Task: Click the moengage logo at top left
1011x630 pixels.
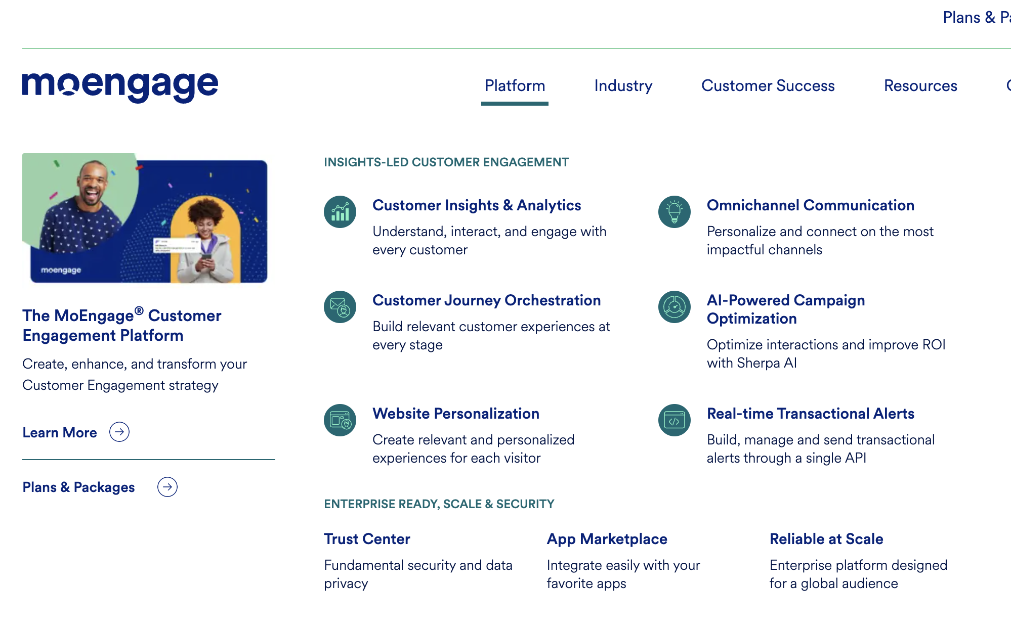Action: point(120,86)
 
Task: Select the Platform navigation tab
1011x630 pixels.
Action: point(515,86)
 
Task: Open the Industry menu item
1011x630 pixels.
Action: point(623,86)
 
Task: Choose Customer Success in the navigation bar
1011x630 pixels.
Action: point(768,86)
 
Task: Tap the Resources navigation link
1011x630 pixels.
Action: point(920,86)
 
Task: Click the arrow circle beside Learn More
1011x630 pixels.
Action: point(119,432)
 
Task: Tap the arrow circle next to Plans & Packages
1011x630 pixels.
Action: point(167,487)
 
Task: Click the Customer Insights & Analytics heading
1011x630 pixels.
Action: point(476,205)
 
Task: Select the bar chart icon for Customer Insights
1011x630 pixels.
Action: point(340,212)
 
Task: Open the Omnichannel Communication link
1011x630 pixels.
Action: point(810,205)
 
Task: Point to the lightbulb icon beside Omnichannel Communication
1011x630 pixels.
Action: point(675,212)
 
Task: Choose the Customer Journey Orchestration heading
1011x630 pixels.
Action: point(486,300)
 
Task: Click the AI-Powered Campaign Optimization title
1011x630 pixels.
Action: point(785,309)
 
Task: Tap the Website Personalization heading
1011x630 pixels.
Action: point(455,414)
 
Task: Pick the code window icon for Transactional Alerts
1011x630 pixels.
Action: point(675,420)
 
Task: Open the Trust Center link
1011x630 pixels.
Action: point(367,539)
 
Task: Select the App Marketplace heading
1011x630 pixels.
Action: point(607,539)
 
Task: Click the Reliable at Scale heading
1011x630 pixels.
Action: point(826,539)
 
